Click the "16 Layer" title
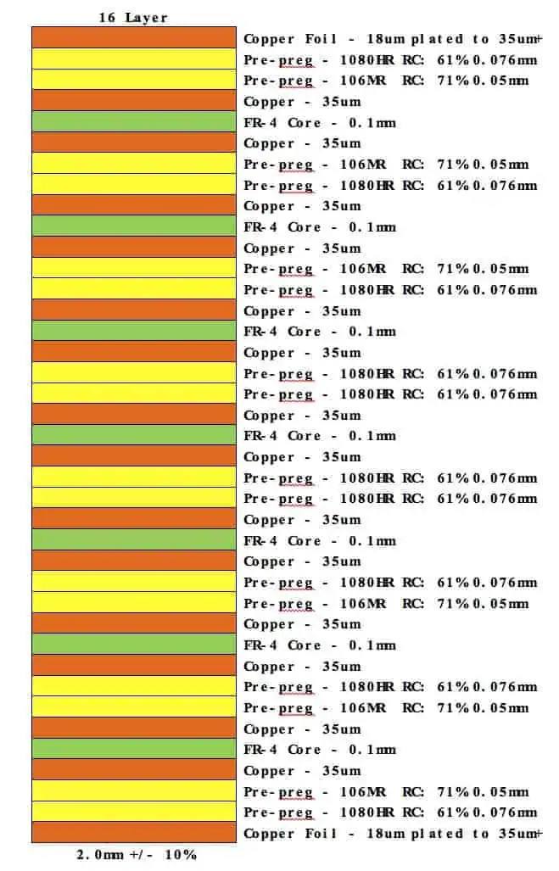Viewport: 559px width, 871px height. (133, 17)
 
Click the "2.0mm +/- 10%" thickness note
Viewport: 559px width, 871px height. (137, 854)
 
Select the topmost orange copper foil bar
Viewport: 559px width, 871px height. (133, 38)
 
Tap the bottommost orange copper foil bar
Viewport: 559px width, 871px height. (133, 833)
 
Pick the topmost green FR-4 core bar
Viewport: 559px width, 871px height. (133, 122)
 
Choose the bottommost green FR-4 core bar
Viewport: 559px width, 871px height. (133, 749)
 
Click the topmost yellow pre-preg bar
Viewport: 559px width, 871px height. (133, 59)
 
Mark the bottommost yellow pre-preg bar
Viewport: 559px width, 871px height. (133, 812)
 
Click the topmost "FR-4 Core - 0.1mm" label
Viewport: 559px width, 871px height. (320, 123)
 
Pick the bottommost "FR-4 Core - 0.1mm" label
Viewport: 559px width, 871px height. (320, 750)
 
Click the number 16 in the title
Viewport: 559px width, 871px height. (108, 17)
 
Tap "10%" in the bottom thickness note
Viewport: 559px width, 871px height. (182, 854)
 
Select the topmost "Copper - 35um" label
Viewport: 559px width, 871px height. (302, 102)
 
